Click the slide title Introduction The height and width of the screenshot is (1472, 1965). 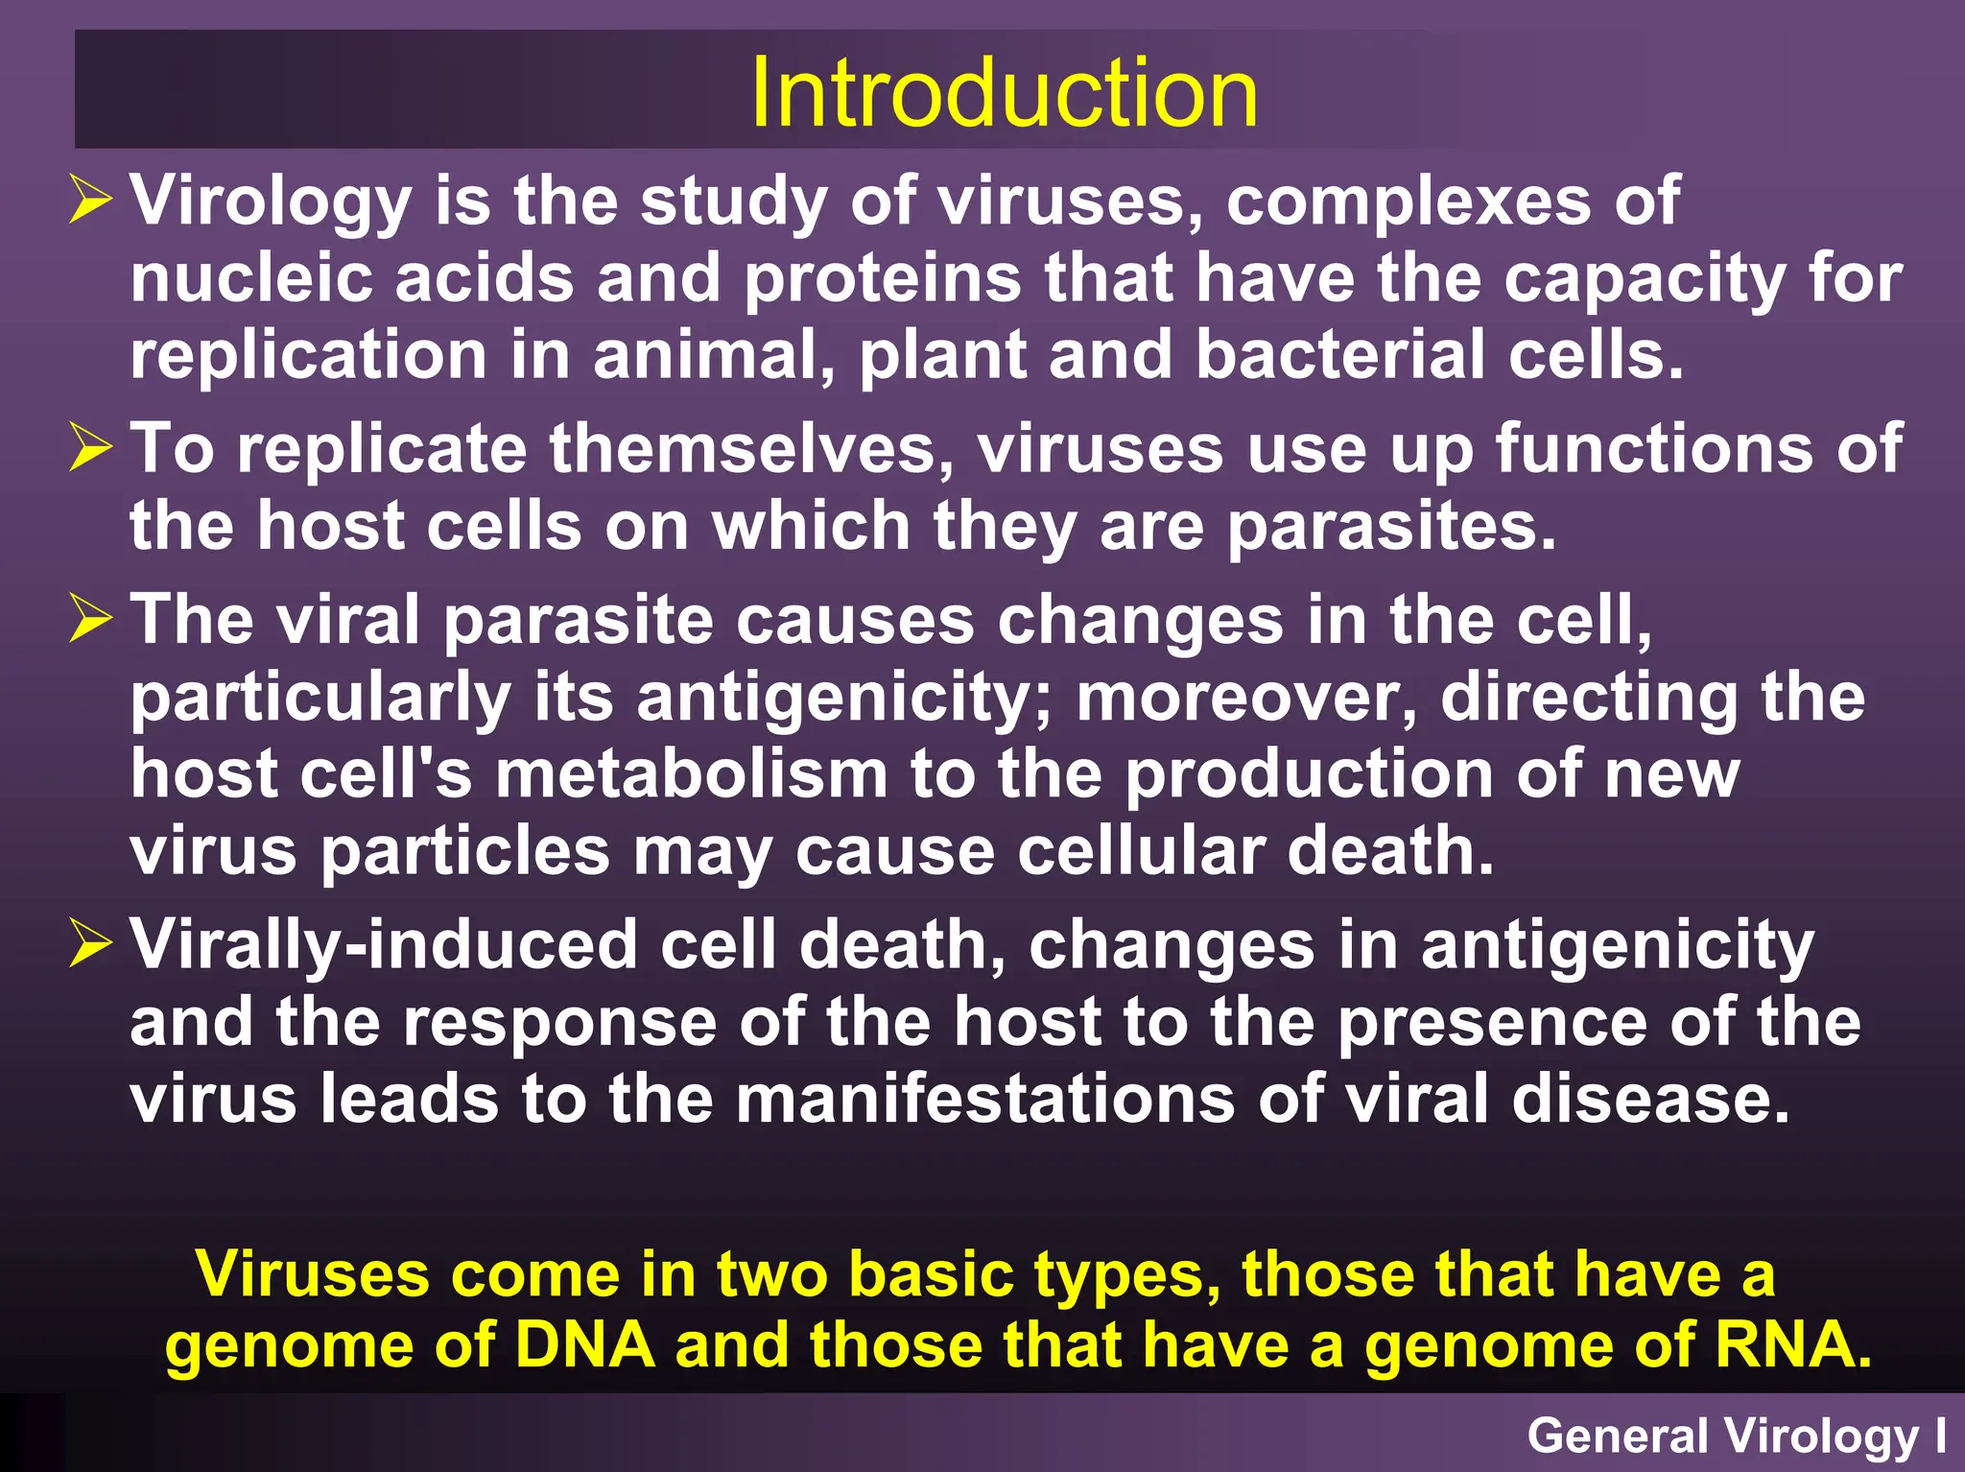point(1003,93)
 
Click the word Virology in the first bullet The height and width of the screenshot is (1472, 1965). point(271,201)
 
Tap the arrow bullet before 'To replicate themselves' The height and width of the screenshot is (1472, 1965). point(91,449)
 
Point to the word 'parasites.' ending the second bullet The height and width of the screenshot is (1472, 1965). point(1391,527)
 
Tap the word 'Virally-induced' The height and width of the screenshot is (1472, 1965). point(384,944)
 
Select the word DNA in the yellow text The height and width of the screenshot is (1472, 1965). point(584,1344)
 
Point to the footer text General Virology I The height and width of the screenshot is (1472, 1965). point(1737,1436)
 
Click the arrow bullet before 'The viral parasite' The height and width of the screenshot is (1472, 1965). point(91,619)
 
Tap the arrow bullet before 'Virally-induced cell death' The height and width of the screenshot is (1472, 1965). point(91,944)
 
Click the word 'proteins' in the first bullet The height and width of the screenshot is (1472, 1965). point(883,278)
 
